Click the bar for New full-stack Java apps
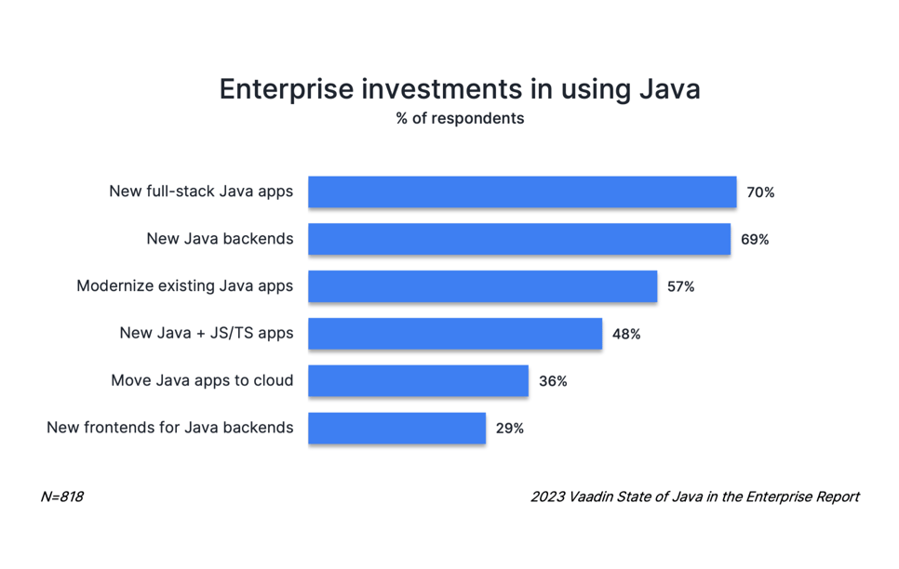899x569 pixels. tap(522, 192)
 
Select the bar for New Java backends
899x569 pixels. tap(519, 239)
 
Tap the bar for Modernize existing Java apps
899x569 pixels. tap(483, 286)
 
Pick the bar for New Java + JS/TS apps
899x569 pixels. tap(455, 334)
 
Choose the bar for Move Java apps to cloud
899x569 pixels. tap(418, 381)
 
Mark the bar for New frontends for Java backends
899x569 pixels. tap(396, 429)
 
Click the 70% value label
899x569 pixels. tap(760, 192)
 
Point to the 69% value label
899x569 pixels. tap(755, 240)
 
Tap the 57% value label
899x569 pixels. tap(680, 287)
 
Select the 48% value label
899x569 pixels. tap(625, 334)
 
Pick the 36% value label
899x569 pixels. tap(553, 381)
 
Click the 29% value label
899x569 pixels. tap(509, 429)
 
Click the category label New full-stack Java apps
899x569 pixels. tap(201, 192)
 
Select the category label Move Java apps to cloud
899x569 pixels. tap(202, 380)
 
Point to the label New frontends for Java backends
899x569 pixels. tap(170, 428)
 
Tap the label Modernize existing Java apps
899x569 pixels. tap(185, 285)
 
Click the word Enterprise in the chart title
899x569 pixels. tap(285, 89)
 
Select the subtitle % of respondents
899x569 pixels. tap(460, 119)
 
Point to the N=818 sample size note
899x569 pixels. tap(61, 496)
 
